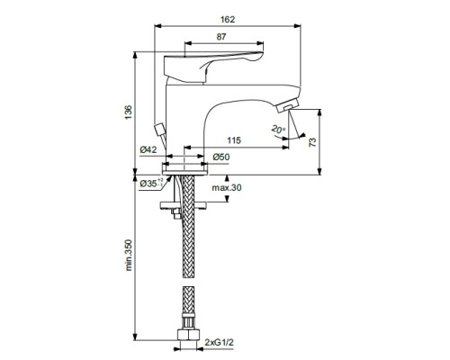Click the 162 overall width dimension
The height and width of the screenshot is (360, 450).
[x=228, y=20]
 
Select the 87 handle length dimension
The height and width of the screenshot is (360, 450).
[x=221, y=37]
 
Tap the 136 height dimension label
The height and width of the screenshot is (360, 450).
[x=129, y=112]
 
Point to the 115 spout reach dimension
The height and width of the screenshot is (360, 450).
[x=234, y=140]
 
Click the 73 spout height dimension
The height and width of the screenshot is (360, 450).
[x=312, y=142]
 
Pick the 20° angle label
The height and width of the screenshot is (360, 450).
[x=278, y=130]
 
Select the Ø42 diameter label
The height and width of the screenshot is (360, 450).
[x=148, y=149]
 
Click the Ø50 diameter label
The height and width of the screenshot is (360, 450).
[x=221, y=157]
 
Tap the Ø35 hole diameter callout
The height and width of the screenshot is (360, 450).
[x=151, y=183]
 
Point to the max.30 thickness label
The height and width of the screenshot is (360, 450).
[x=227, y=188]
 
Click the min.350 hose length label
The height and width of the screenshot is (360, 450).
[x=129, y=255]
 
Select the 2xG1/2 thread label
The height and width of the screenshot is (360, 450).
[x=220, y=342]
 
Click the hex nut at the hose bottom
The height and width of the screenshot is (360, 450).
[x=188, y=335]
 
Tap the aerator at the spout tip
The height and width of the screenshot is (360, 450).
[x=287, y=106]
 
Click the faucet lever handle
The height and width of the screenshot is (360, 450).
[x=213, y=67]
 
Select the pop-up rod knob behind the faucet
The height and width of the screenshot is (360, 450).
[x=159, y=130]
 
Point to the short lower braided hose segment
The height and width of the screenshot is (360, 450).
[x=188, y=303]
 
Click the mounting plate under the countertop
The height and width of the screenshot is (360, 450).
[x=184, y=205]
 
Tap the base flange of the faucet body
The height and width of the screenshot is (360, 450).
[x=185, y=169]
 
